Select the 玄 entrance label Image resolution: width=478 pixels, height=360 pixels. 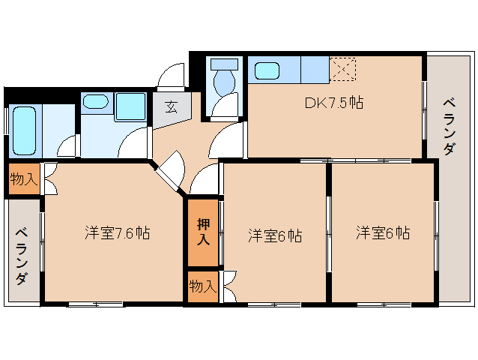click(x=171, y=106)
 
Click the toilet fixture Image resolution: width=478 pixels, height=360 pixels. click(x=224, y=77)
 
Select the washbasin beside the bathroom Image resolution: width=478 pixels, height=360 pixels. click(x=94, y=103)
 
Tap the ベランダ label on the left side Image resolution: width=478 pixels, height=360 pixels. click(x=22, y=255)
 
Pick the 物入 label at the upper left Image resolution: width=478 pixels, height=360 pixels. click(x=23, y=178)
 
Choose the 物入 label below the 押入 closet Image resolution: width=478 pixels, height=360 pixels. click(x=202, y=286)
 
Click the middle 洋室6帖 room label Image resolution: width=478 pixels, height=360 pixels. click(x=275, y=235)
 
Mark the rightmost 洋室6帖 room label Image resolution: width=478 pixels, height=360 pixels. click(x=382, y=232)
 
